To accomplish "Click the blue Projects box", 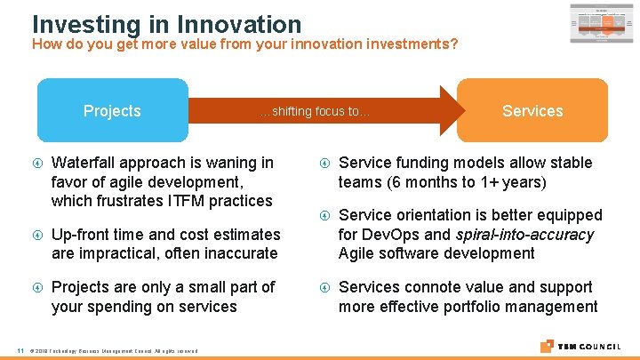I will click(112, 110).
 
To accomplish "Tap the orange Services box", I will click(532, 110).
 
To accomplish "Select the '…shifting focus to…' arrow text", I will click(314, 112).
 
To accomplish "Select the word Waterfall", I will click(85, 162).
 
